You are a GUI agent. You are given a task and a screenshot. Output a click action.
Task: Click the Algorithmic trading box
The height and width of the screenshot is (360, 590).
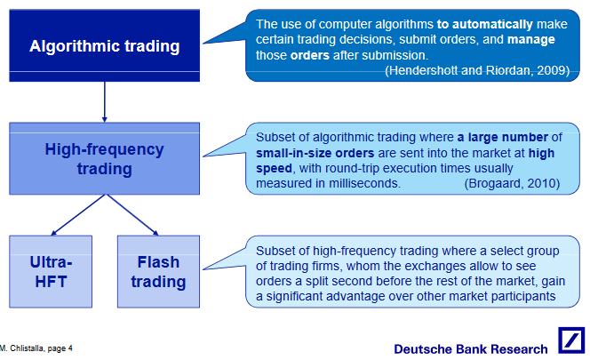pyautogui.click(x=104, y=44)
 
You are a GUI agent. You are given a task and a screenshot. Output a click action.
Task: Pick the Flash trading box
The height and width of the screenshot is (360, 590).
pyautogui.click(x=159, y=272)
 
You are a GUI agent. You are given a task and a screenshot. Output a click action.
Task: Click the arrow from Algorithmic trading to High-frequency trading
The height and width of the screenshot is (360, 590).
pyautogui.click(x=104, y=100)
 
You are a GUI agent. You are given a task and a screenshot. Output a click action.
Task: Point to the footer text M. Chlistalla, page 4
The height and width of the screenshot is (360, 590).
pyautogui.click(x=37, y=348)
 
